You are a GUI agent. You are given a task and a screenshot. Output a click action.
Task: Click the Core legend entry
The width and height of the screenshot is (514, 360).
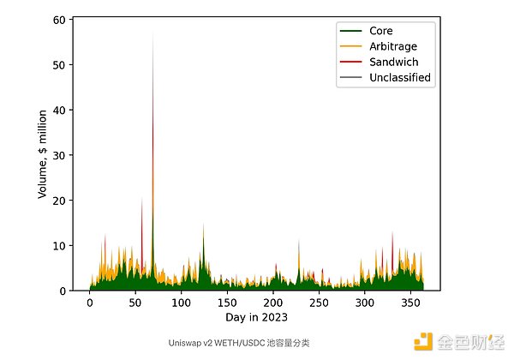(380, 31)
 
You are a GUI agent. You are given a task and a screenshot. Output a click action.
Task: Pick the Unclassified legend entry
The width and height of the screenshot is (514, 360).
(399, 77)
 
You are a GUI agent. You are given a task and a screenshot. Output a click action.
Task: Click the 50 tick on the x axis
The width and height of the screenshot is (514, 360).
(135, 303)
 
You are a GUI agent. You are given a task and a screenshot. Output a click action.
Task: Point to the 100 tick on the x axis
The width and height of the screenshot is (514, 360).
(181, 303)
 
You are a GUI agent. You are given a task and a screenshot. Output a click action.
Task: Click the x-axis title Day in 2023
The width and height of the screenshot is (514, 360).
(256, 318)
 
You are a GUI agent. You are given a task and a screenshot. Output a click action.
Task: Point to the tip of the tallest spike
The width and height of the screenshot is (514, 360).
(153, 30)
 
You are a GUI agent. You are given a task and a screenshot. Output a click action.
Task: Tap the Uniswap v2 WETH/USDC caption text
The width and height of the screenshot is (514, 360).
(240, 342)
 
